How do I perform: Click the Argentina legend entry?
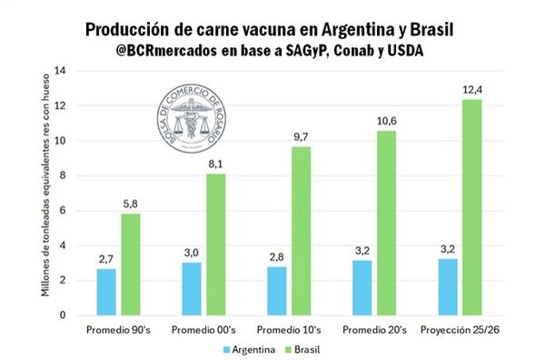point(249,348)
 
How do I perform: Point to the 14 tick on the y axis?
point(61,71)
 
